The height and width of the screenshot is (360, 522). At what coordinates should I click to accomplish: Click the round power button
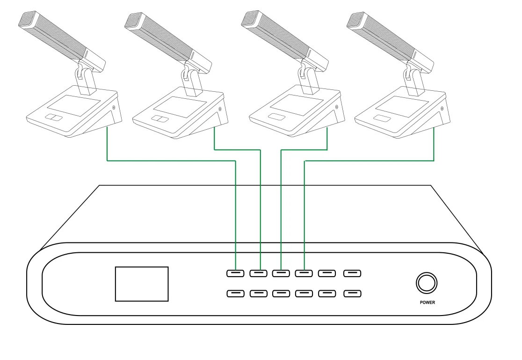click(427, 283)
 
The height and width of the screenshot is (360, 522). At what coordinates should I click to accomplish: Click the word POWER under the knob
click(428, 303)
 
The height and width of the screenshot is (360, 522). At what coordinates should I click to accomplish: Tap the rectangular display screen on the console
click(142, 284)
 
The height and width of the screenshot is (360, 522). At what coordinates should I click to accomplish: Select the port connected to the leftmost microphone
click(235, 273)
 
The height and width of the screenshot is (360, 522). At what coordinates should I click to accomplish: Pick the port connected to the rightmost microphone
click(304, 273)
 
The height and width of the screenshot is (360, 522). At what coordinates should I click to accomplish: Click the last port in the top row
click(352, 273)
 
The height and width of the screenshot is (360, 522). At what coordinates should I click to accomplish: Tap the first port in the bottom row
click(235, 294)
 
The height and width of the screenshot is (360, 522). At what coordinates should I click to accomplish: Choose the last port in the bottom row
click(352, 294)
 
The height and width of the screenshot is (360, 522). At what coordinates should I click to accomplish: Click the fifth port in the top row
click(327, 273)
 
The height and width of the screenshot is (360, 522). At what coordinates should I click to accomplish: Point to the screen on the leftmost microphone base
click(74, 105)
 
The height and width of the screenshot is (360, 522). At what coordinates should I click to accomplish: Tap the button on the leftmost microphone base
click(54, 118)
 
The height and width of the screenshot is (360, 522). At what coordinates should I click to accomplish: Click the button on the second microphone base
click(160, 118)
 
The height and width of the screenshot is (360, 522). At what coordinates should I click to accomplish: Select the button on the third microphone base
click(277, 117)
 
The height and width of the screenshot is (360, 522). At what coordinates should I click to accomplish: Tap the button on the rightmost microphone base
click(382, 118)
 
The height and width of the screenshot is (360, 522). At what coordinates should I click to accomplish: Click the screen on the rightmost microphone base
click(402, 107)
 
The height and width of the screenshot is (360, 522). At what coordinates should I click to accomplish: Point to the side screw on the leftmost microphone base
click(114, 108)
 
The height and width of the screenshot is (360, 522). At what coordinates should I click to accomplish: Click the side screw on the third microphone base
click(337, 107)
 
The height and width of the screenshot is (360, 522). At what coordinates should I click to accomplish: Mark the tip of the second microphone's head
click(131, 19)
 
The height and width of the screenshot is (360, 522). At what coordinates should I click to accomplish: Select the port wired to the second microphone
click(258, 273)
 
